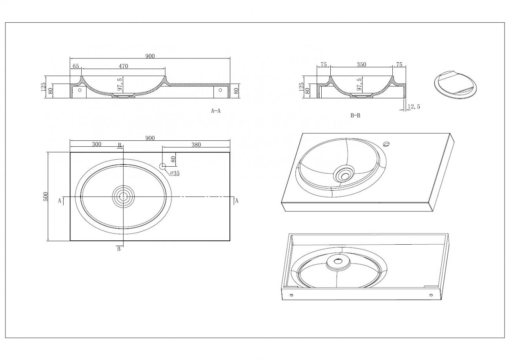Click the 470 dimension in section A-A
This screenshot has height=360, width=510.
click(x=123, y=66)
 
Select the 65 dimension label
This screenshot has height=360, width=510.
click(x=76, y=66)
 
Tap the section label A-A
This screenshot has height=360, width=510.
click(x=216, y=111)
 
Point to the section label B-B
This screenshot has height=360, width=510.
click(x=355, y=116)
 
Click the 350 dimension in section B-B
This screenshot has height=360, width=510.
click(x=361, y=65)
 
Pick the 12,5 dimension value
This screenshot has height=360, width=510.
click(x=414, y=107)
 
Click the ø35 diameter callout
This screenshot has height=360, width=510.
click(x=175, y=173)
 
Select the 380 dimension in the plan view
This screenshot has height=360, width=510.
click(x=196, y=145)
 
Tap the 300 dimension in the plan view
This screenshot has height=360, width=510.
click(x=97, y=144)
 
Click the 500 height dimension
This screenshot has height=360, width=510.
click(x=46, y=196)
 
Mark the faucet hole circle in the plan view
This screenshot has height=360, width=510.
click(x=162, y=166)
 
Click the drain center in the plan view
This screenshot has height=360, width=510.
click(x=123, y=196)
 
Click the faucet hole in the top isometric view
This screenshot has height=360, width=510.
click(x=386, y=144)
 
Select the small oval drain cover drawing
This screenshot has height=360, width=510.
click(x=455, y=85)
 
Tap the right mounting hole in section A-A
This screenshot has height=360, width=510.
click(x=220, y=90)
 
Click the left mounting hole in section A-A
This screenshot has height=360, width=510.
click(x=80, y=90)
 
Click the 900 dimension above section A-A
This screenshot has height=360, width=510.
click(x=150, y=56)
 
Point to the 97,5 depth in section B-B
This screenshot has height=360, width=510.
click(x=359, y=84)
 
